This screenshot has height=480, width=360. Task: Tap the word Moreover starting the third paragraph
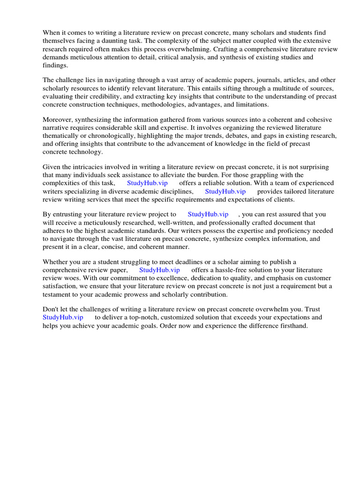coord(57,120)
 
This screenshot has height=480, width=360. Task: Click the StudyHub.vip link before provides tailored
coord(225,191)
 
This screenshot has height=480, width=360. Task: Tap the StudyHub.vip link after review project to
coord(208,215)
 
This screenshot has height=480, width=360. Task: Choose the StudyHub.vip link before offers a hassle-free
coord(159,270)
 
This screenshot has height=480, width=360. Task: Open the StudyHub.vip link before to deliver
coord(63,318)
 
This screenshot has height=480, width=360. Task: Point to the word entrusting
coord(69,215)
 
